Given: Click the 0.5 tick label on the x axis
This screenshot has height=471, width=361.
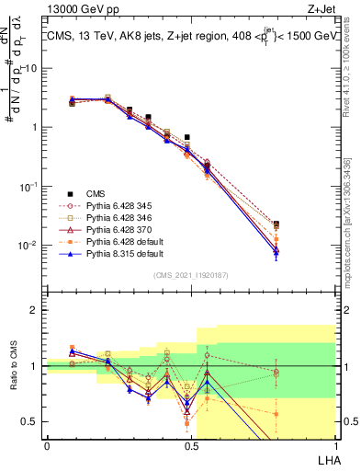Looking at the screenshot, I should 191,444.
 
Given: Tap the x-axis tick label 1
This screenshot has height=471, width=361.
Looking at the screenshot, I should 334,444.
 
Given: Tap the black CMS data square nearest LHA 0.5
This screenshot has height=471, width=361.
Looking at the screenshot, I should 186,137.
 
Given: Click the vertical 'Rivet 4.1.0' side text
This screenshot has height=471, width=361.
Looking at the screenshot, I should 352,74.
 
